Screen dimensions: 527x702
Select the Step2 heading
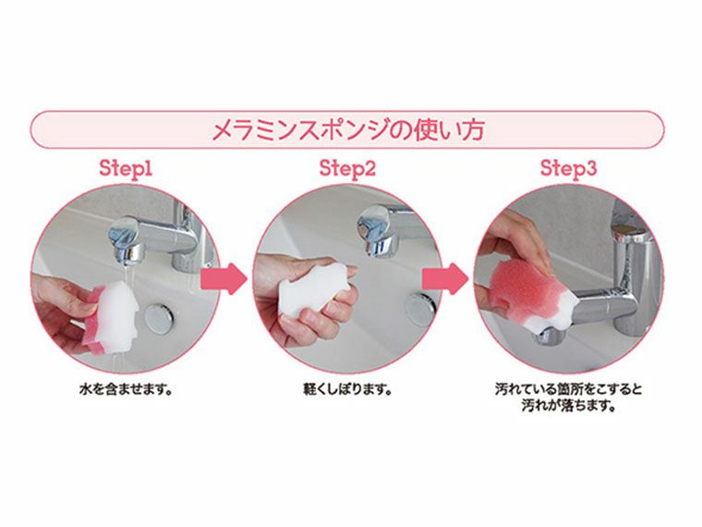pyautogui.click(x=347, y=168)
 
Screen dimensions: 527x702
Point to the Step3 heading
pyautogui.click(x=568, y=168)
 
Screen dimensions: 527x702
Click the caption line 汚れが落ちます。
pyautogui.click(x=568, y=405)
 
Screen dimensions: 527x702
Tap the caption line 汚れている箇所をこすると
pyautogui.click(x=568, y=389)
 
